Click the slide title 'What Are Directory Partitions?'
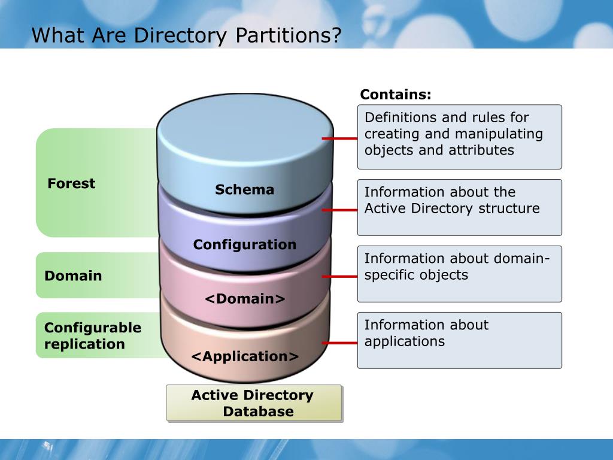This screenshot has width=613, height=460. pos(186,35)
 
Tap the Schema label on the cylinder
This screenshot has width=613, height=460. pos(244,190)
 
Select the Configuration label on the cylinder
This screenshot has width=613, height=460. pos(244,244)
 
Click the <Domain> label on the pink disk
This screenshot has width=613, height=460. pos(245,299)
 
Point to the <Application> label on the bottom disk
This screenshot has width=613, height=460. pos(245,356)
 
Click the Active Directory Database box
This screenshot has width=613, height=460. pos(254,403)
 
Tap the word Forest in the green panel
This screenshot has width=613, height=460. pos(71,183)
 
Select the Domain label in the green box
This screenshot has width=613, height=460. pos(73,276)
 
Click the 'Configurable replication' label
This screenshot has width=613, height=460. pos(93,335)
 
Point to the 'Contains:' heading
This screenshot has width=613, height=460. pos(396,95)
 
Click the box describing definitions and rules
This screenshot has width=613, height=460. pos(459,137)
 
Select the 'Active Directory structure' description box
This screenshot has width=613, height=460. pos(459,207)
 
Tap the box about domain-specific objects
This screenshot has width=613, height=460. pos(459,274)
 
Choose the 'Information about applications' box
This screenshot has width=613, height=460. pos(459,340)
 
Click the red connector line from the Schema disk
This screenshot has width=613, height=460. pos(339,138)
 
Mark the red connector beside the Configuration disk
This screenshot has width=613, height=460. pos(339,210)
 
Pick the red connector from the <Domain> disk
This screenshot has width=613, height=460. pos(339,277)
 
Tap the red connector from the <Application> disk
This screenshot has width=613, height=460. pos(339,343)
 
